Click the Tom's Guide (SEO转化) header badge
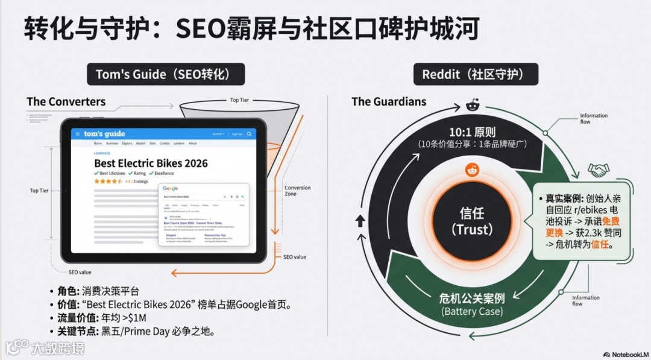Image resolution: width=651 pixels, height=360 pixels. tap(166, 74)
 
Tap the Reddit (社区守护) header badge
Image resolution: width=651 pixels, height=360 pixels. tap(476, 74)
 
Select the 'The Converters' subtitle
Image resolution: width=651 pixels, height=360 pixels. tap(66, 101)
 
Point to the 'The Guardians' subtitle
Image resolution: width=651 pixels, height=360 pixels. tap(389, 101)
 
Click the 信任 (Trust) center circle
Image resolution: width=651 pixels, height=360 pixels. tap(472, 221)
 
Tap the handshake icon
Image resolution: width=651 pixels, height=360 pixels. tap(599, 170)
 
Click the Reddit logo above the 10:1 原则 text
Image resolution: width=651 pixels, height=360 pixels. tap(472, 106)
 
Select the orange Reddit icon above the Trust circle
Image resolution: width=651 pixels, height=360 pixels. tap(472, 171)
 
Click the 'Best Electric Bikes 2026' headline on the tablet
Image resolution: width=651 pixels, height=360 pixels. tap(151, 163)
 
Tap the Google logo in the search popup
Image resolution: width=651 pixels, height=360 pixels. tap(171, 189)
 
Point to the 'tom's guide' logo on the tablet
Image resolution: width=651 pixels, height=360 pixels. tap(105, 134)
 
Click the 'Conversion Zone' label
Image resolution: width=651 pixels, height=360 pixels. tap(298, 191)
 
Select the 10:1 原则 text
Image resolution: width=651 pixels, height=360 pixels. tap(472, 132)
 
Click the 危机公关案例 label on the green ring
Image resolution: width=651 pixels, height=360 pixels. tap(472, 298)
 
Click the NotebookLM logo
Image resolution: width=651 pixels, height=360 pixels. tap(625, 354)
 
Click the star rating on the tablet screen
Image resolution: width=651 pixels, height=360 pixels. tap(109, 181)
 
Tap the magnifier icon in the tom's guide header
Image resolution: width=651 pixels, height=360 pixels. tap(249, 134)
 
